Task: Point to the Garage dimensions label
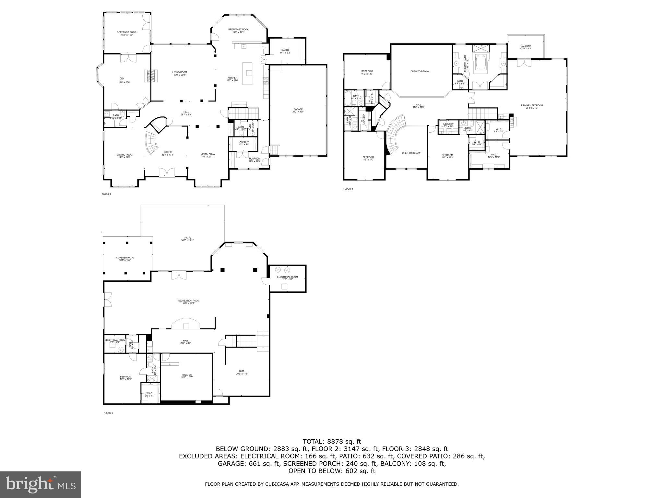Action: (x=298, y=112)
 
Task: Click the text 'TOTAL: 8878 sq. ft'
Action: (x=332, y=441)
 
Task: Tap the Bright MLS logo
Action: (x=41, y=485)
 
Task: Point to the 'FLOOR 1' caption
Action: (x=108, y=413)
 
